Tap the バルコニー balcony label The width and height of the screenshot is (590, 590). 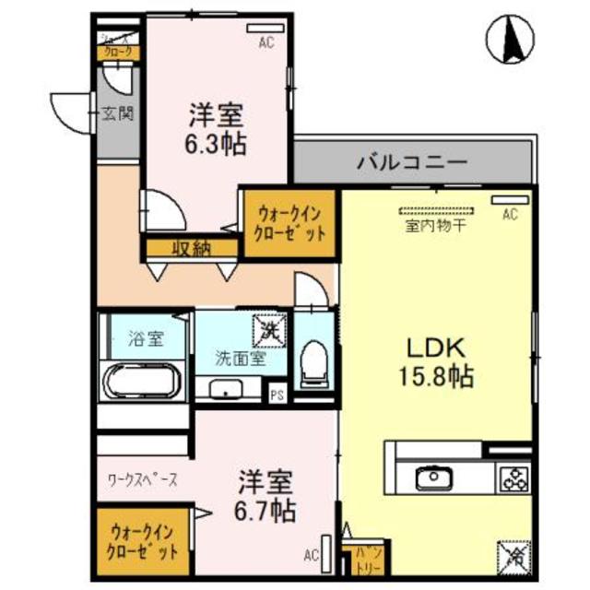[x=412, y=163]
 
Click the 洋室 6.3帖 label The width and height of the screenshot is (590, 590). [x=217, y=129]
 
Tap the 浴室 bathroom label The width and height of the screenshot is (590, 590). [x=145, y=337]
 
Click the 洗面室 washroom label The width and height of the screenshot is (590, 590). [x=240, y=359]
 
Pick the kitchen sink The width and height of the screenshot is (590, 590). [x=430, y=479]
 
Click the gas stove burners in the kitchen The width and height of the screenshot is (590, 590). [x=513, y=478]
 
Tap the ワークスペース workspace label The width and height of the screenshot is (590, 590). [x=143, y=479]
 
